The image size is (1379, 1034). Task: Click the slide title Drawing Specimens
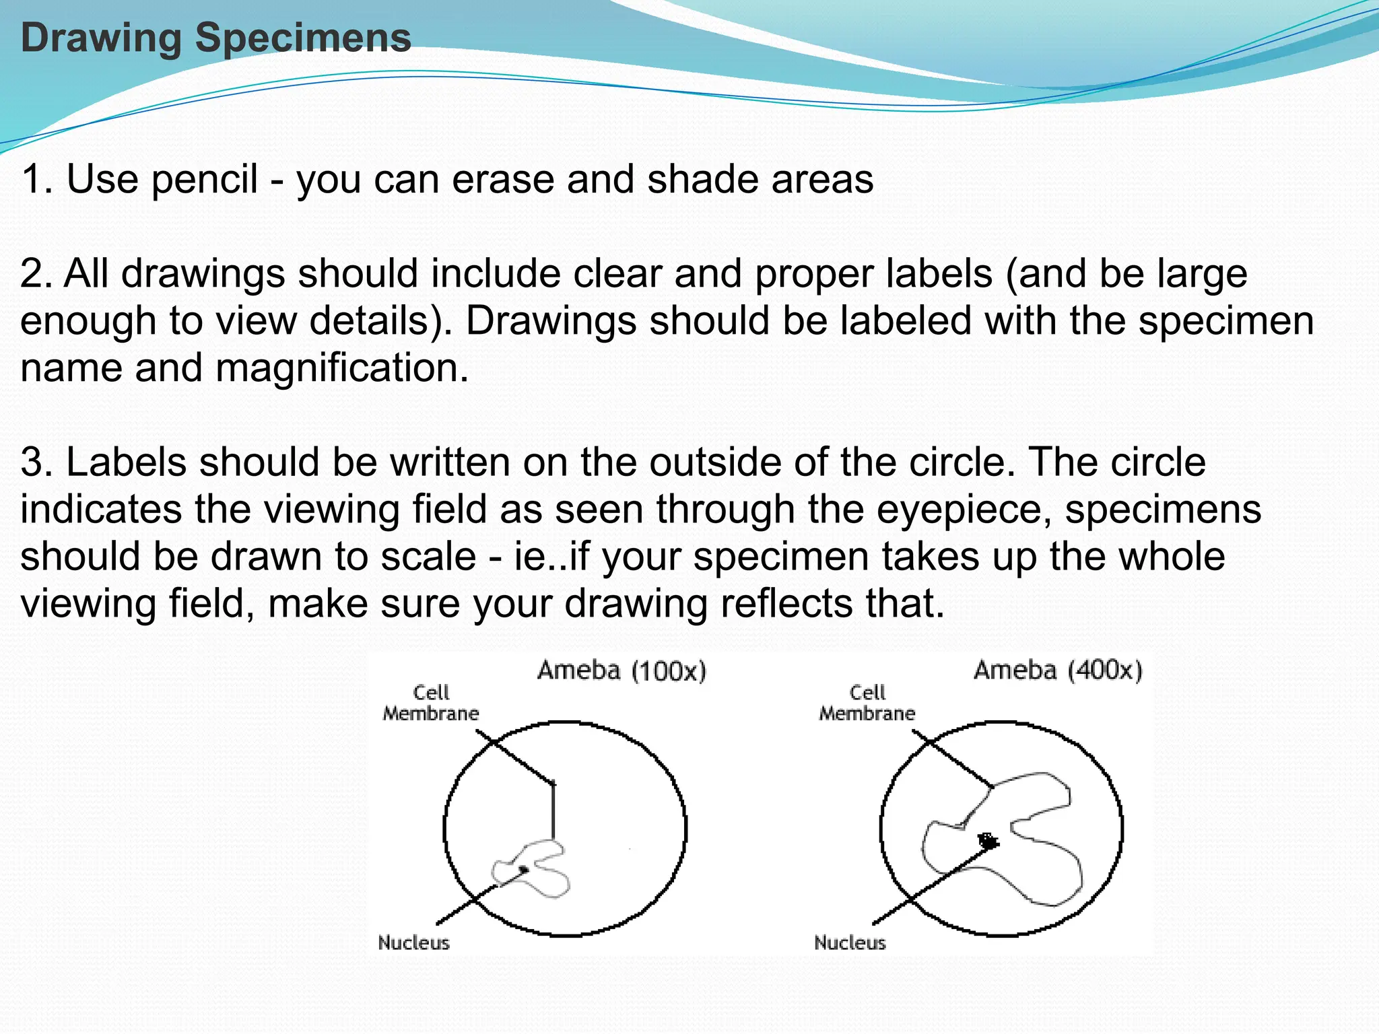pos(215,38)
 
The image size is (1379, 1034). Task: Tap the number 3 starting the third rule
pos(32,462)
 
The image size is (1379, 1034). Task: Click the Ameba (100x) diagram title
pos(621,670)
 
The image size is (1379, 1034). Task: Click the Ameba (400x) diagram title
pos(1058,670)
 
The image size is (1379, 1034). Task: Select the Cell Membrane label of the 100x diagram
pos(431,703)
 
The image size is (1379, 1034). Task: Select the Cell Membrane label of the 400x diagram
pos(867,703)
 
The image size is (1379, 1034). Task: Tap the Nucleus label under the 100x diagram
pos(413,942)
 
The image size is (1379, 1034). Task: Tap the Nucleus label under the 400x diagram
pos(850,942)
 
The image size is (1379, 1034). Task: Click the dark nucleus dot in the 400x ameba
pos(988,840)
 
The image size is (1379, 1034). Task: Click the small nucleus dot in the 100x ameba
pos(523,869)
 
